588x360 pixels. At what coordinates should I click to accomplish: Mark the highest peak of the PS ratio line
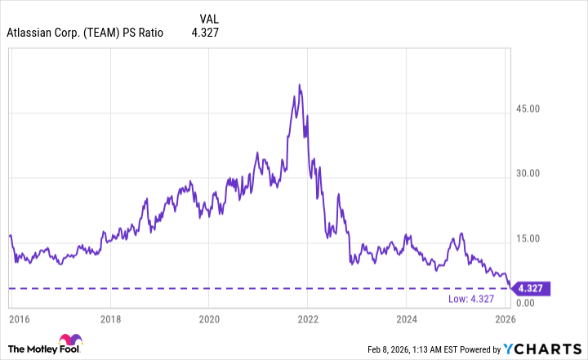point(300,84)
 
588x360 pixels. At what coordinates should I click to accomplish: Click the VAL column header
point(210,18)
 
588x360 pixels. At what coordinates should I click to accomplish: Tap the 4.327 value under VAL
point(205,33)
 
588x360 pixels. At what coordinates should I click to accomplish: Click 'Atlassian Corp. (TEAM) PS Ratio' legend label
point(85,33)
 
